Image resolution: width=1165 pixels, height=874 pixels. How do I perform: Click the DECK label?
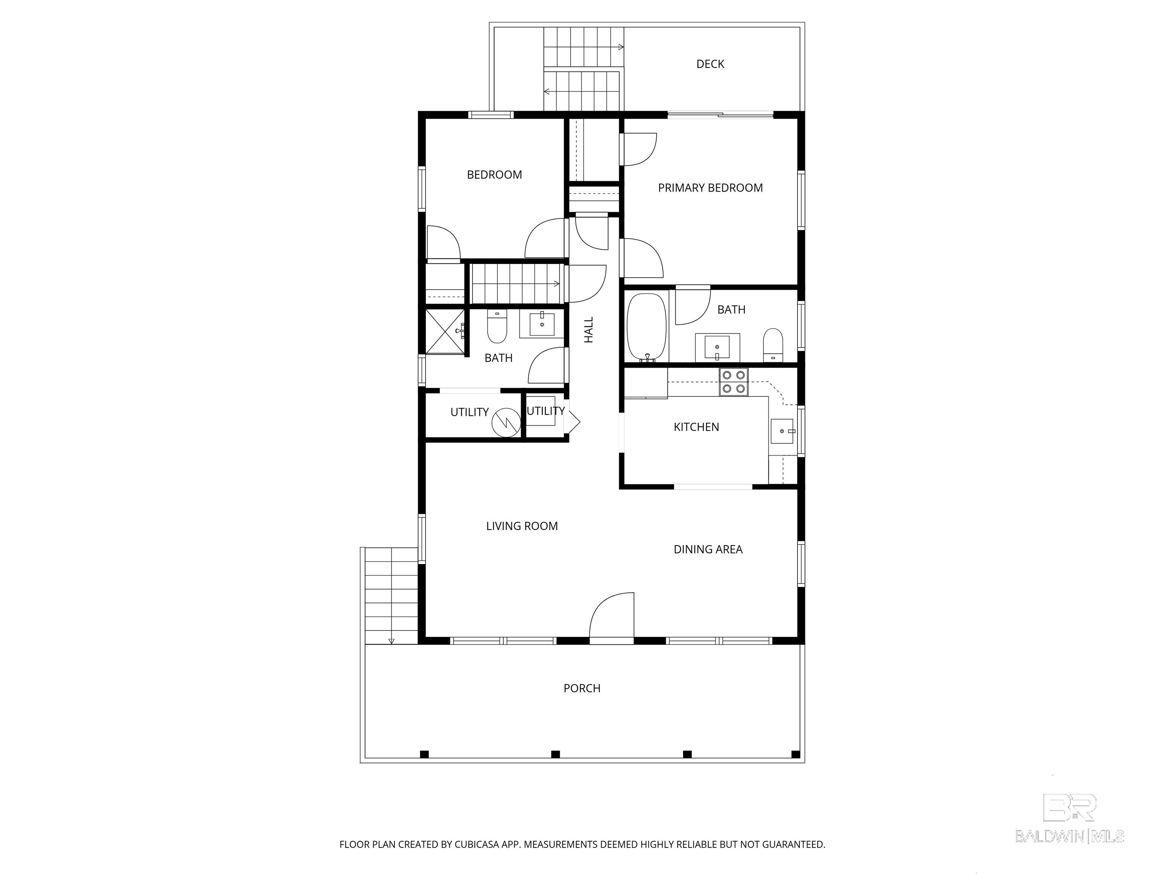click(710, 64)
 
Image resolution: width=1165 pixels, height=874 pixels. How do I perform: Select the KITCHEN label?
click(696, 427)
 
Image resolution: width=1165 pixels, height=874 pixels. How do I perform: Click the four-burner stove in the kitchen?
click(734, 382)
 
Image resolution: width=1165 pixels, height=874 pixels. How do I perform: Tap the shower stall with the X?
click(445, 332)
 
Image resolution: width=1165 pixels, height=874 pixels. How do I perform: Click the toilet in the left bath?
click(497, 327)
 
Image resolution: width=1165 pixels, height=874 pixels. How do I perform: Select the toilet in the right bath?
click(772, 345)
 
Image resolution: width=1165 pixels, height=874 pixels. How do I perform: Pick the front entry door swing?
click(611, 618)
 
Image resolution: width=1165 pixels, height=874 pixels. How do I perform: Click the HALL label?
click(589, 330)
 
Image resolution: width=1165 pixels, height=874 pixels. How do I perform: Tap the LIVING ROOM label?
click(522, 526)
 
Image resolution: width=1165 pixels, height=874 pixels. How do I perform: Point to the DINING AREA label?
click(708, 550)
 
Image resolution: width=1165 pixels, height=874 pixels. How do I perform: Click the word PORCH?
click(582, 689)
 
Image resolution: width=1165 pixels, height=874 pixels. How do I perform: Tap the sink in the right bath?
click(717, 347)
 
